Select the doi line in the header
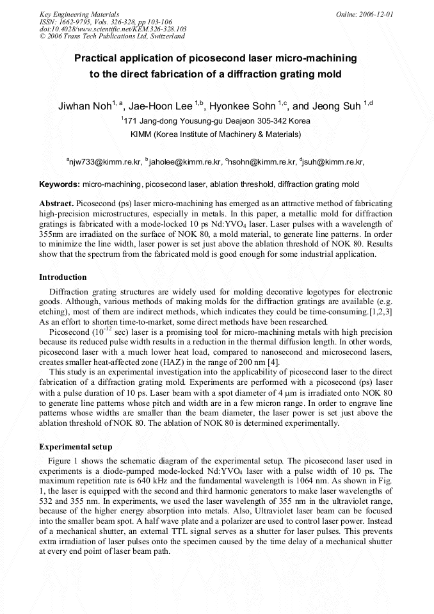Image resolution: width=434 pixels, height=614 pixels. point(113,29)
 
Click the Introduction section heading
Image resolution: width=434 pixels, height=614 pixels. point(63,277)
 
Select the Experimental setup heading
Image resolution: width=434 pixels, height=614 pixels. point(76,446)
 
